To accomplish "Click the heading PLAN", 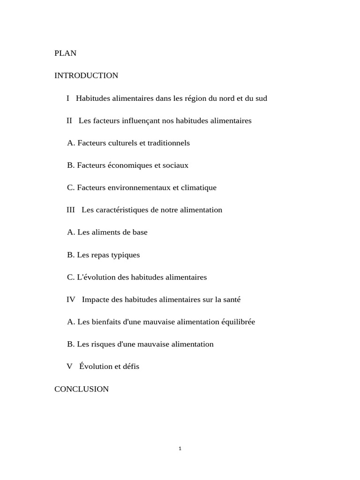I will [x=65, y=53].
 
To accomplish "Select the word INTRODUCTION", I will [x=86, y=75].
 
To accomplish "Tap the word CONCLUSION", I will [x=82, y=389].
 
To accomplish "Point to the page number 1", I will [x=180, y=449].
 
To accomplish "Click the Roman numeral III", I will [x=71, y=210].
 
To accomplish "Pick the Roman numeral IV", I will [x=71, y=300].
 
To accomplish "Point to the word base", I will [x=140, y=232].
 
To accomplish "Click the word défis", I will [x=130, y=367].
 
